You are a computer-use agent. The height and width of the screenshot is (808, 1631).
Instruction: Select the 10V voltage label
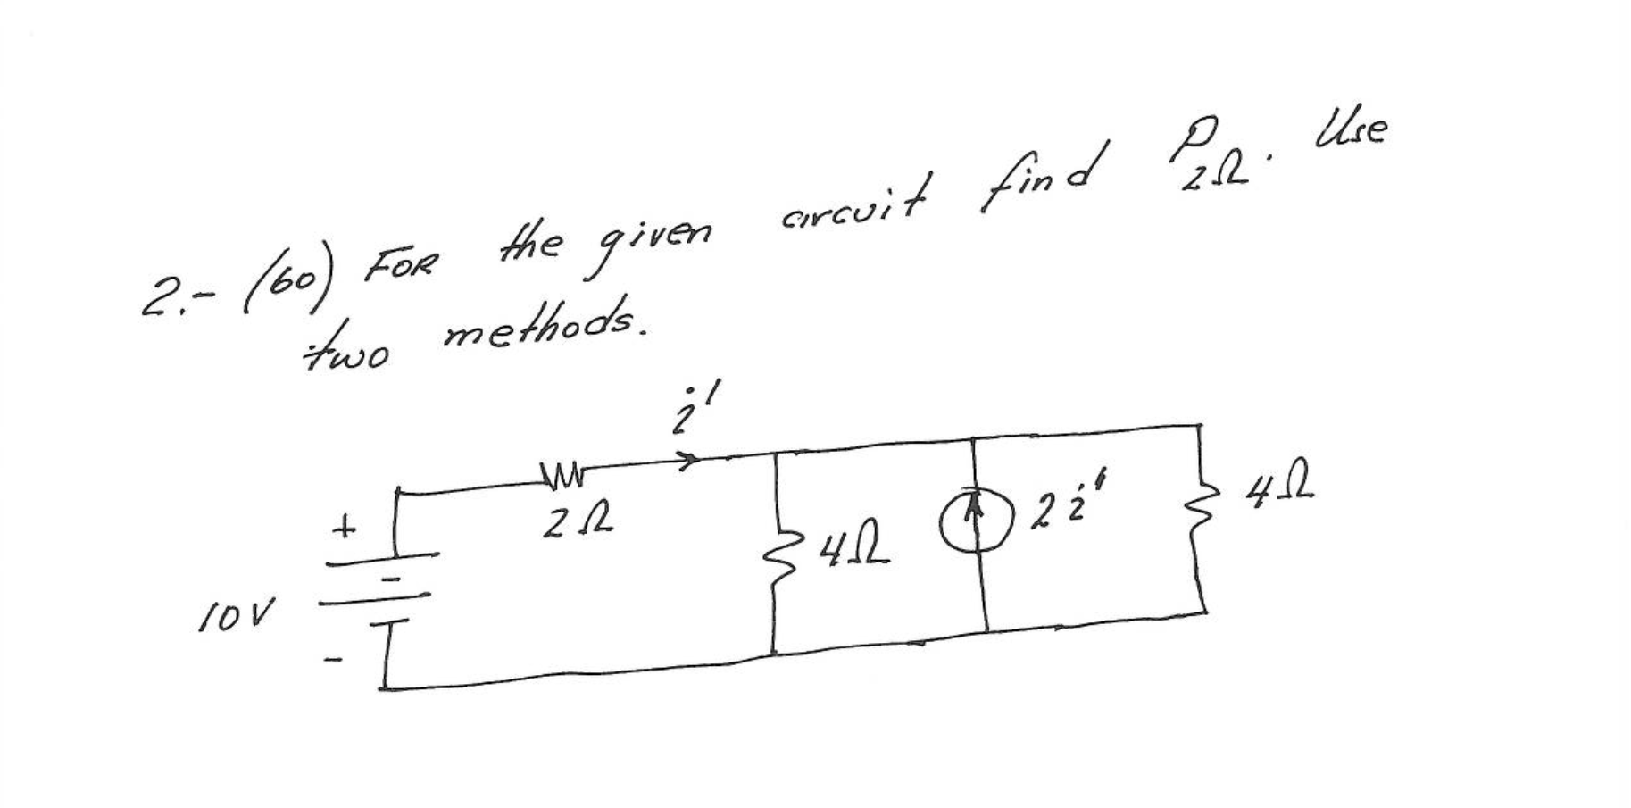coord(235,613)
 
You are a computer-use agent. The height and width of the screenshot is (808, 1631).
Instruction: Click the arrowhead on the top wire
coord(687,460)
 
